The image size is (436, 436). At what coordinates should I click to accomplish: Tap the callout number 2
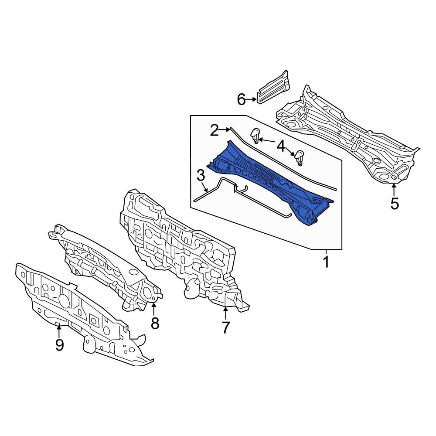[215, 130]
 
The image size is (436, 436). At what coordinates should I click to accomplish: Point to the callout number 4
[281, 146]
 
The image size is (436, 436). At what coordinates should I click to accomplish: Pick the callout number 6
[242, 99]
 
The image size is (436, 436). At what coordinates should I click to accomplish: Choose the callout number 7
[225, 327]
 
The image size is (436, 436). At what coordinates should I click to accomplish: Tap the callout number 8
[155, 323]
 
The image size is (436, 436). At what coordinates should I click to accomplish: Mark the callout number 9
[59, 345]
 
